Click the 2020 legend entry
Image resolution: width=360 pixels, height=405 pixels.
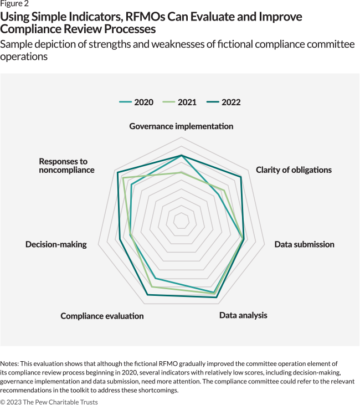pyautogui.click(x=137, y=102)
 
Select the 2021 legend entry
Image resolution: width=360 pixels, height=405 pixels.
pyautogui.click(x=180, y=102)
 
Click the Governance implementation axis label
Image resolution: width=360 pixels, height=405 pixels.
pyautogui.click(x=181, y=126)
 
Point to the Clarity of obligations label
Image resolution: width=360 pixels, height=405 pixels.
pyautogui.click(x=294, y=170)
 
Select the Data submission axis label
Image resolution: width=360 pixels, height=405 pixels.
pyautogui.click(x=304, y=244)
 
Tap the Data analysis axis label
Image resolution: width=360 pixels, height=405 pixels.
pyautogui.click(x=243, y=315)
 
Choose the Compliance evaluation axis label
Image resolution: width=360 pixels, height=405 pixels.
pyautogui.click(x=102, y=316)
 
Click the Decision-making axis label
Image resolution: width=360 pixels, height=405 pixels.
pyautogui.click(x=56, y=244)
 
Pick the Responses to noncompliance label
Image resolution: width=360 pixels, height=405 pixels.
pyautogui.click(x=66, y=166)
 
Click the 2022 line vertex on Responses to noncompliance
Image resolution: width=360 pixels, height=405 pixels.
pyautogui.click(x=118, y=172)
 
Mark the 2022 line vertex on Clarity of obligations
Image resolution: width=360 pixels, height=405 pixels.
pyautogui.click(x=241, y=177)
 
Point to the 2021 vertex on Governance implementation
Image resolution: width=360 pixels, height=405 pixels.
pyautogui.click(x=181, y=172)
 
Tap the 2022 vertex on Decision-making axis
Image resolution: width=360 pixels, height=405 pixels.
pyautogui.click(x=120, y=239)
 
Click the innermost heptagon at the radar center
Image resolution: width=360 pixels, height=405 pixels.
pyautogui.click(x=181, y=220)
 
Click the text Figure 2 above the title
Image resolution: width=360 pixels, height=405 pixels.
pyautogui.click(x=14, y=4)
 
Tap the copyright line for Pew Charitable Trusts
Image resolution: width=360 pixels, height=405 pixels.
pyautogui.click(x=49, y=401)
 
